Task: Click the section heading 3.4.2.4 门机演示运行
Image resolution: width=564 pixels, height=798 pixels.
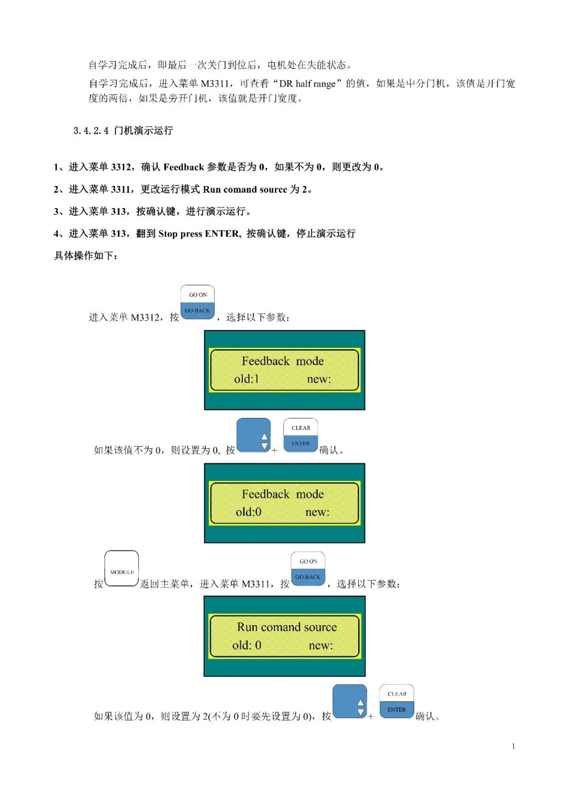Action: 123,131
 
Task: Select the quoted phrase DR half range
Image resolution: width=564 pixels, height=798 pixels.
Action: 307,84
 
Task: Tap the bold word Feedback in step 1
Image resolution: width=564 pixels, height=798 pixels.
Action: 183,167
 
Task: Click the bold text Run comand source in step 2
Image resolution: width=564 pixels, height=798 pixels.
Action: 244,189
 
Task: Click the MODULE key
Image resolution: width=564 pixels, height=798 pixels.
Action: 121,568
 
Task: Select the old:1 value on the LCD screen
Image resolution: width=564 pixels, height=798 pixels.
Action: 246,379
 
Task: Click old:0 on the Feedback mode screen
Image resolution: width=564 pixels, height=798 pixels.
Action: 249,512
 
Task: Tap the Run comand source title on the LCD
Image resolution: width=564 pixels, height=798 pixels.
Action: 287,627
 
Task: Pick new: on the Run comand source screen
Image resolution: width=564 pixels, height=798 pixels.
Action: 321,645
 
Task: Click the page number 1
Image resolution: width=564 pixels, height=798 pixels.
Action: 513,746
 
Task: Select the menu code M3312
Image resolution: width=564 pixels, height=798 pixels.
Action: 145,317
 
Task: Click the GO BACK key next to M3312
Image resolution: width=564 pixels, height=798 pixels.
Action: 197,310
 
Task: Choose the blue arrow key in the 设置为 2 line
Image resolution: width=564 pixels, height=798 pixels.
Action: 350,701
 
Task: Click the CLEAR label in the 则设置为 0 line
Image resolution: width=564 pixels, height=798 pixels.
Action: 301,428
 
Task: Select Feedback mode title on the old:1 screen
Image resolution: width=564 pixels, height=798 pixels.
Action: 283,361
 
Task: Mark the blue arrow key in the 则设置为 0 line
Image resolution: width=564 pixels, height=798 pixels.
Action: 253,435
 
